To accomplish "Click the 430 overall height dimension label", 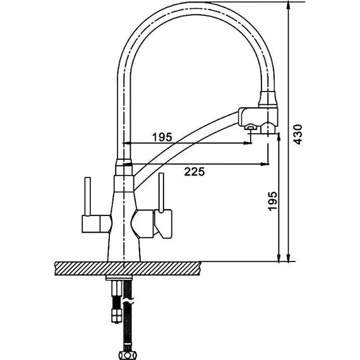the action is point(298,135).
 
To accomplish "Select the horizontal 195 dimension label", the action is point(162,137).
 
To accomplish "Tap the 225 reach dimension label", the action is point(195,172).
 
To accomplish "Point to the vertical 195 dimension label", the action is point(273,201).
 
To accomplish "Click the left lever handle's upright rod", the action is point(88,196).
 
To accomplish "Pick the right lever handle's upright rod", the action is point(162,193).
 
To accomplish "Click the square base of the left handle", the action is point(91,224).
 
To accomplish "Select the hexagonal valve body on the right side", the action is point(142,224).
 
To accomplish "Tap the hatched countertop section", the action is point(128,268).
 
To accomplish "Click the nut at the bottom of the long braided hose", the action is point(128,355).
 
